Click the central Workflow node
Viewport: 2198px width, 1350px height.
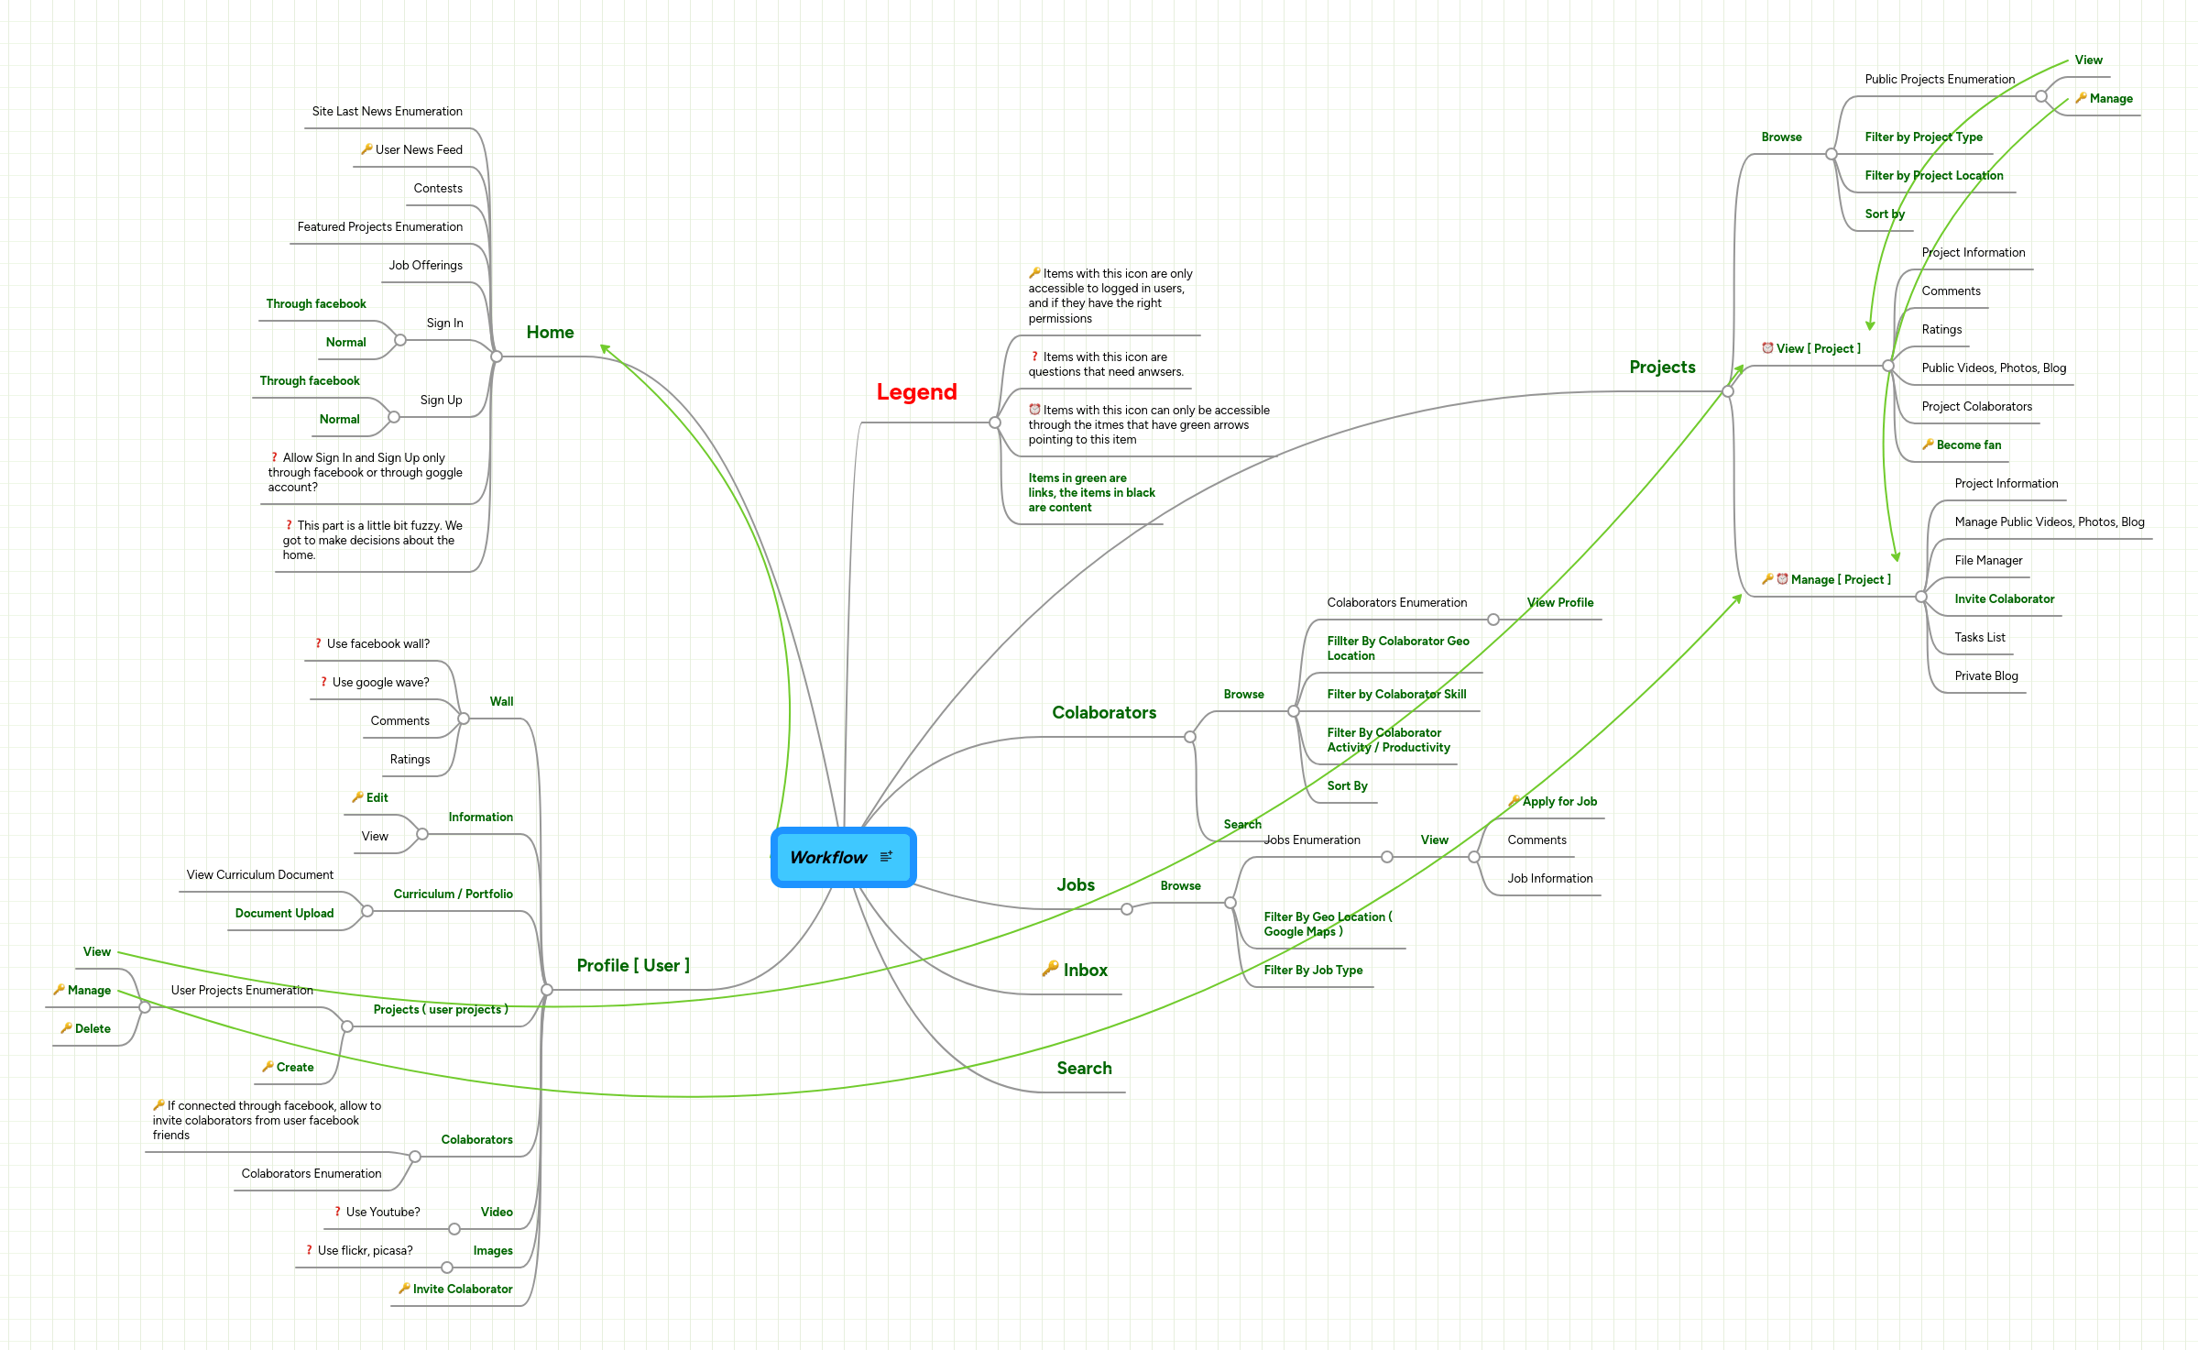pos(829,857)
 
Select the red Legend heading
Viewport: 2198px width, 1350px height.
pos(916,392)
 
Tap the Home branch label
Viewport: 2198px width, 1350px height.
pos(550,333)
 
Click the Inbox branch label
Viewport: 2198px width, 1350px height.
pos(1085,970)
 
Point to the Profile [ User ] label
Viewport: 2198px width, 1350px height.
pos(633,965)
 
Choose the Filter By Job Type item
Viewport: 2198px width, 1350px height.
pos(1313,970)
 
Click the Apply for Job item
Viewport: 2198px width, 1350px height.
pos(1559,801)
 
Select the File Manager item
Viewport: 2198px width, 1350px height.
pos(1988,560)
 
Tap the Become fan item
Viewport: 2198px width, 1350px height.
pos(1968,445)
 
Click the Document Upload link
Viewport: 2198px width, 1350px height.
pos(284,913)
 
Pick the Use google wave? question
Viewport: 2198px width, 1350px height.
pos(380,682)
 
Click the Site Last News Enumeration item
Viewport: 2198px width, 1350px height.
pos(387,111)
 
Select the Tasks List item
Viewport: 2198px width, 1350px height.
pos(1979,637)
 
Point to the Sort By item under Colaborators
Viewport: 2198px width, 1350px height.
pos(1347,785)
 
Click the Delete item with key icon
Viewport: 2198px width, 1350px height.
pos(93,1028)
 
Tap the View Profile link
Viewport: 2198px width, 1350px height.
pos(1560,602)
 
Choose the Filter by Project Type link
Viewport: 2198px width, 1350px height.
pos(1923,137)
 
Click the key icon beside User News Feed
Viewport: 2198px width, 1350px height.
pos(366,148)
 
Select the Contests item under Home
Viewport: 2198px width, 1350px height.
pos(438,188)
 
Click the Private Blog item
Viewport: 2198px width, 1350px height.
pos(1985,675)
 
